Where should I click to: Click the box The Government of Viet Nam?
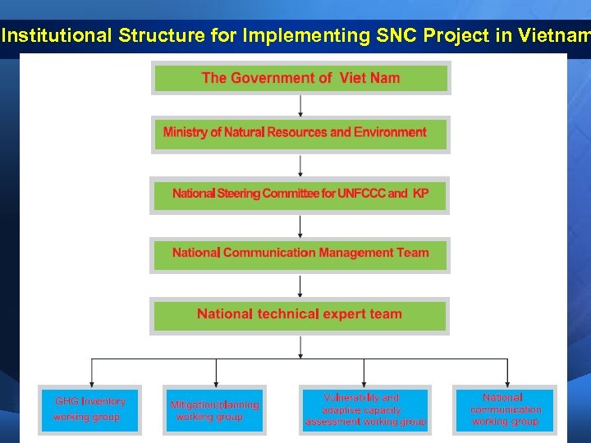point(300,78)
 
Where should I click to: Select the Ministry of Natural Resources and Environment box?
point(300,133)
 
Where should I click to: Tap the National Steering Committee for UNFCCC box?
point(300,194)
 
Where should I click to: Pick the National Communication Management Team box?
point(300,253)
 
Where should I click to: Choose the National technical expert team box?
point(300,314)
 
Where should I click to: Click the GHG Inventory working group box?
point(90,409)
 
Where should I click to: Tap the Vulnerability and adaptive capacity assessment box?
point(364,409)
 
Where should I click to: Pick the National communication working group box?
point(506,409)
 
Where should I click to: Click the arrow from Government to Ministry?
point(300,105)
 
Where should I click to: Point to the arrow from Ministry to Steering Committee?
point(300,165)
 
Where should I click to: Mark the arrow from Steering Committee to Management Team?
point(300,225)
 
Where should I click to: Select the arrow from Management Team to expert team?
point(300,285)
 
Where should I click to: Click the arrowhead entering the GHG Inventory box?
point(91,379)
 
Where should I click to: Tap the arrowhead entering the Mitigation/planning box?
point(216,379)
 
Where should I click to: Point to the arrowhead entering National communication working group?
point(507,379)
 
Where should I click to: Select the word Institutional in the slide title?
point(57,35)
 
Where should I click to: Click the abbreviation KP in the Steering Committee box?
point(419,194)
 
